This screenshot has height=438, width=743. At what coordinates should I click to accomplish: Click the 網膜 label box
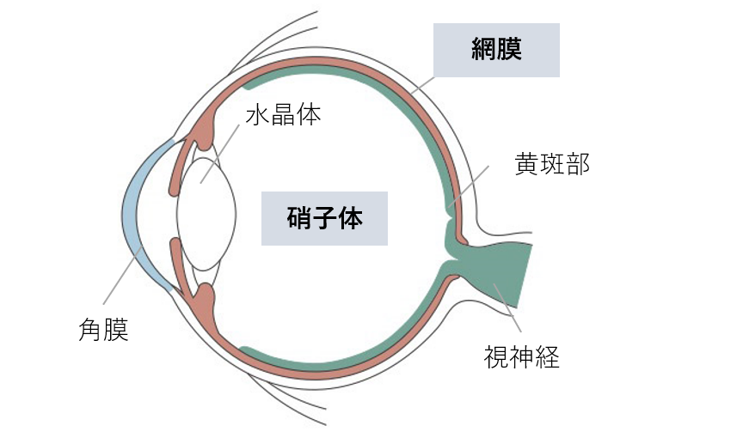496,50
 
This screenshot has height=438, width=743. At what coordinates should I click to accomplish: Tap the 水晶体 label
283,115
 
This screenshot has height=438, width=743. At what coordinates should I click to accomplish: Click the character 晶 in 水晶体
283,115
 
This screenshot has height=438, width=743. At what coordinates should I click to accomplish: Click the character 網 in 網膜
484,50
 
